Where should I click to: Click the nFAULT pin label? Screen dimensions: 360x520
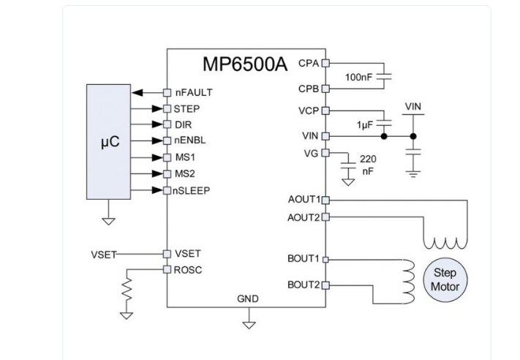(x=194, y=93)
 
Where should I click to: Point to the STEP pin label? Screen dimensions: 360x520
(x=187, y=109)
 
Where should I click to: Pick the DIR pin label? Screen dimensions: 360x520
(x=183, y=124)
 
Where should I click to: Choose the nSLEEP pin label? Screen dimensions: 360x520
(x=192, y=190)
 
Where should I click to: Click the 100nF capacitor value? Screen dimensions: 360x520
(x=358, y=77)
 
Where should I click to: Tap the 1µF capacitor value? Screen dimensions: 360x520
(x=365, y=125)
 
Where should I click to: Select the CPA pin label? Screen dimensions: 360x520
(x=309, y=63)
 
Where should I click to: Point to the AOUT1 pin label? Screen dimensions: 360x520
(x=304, y=199)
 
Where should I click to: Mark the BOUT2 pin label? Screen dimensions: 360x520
(x=304, y=284)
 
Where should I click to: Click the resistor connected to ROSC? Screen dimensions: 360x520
(x=127, y=293)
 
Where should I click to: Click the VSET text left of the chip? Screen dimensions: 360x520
(x=104, y=253)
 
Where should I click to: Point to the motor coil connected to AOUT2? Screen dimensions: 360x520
(x=445, y=242)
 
